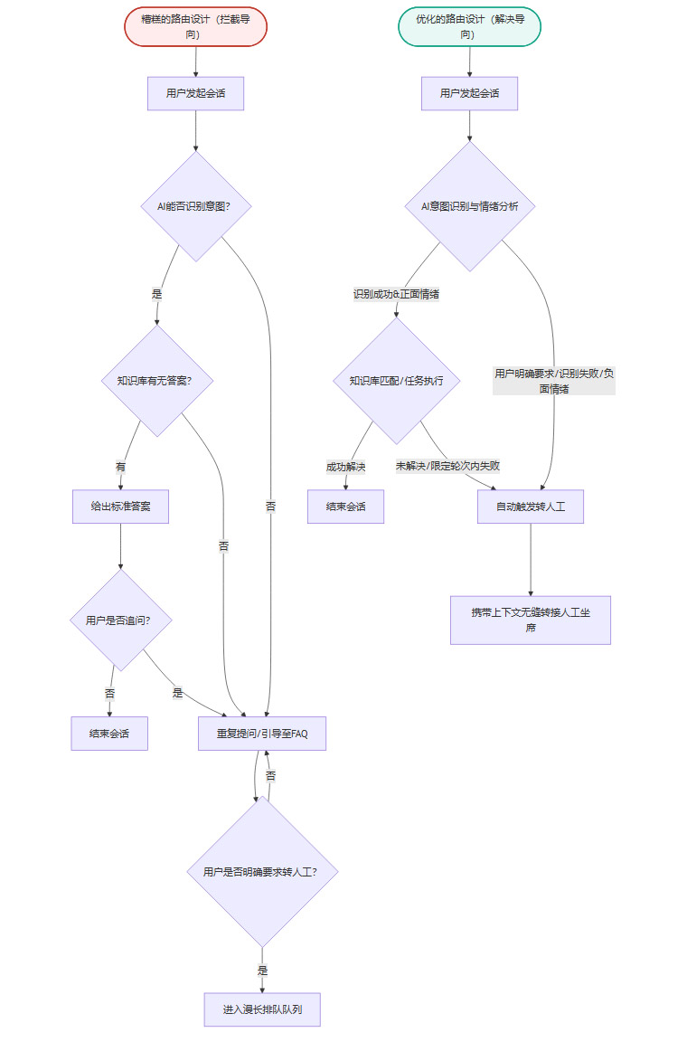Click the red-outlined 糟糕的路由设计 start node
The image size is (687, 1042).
click(196, 26)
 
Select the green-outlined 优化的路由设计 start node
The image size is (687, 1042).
click(469, 26)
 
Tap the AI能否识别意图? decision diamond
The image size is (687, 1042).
click(196, 206)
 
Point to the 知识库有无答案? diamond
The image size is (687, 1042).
click(158, 381)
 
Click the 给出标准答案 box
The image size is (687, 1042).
click(120, 507)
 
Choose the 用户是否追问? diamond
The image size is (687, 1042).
click(120, 620)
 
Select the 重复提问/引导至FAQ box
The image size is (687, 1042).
click(262, 734)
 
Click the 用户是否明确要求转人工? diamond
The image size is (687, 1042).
click(262, 872)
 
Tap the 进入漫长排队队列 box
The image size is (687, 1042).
click(262, 1009)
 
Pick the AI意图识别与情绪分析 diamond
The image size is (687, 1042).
click(469, 206)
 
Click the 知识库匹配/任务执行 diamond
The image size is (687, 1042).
click(396, 381)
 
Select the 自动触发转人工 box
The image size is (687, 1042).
click(531, 507)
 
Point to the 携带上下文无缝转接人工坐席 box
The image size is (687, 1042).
click(531, 620)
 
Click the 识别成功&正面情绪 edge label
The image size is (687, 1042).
click(396, 294)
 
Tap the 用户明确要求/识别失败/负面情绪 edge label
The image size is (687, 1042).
click(554, 381)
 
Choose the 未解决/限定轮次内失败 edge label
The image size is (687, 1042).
click(447, 466)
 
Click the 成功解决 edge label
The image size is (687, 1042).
click(345, 467)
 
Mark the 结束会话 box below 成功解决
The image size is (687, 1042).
click(345, 507)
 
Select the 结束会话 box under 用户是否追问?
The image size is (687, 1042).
click(109, 734)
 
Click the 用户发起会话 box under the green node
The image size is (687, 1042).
click(469, 93)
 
